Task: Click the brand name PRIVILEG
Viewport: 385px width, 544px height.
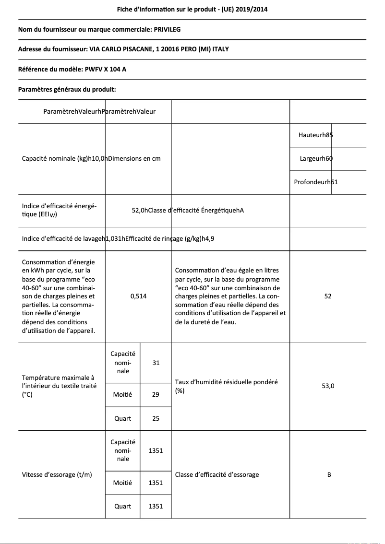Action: pyautogui.click(x=167, y=29)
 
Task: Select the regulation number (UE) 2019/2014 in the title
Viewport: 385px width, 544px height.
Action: pyautogui.click(x=249, y=9)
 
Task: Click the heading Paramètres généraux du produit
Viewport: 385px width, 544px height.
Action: pyautogui.click(x=67, y=89)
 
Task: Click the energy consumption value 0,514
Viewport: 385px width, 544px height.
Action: pyautogui.click(x=138, y=296)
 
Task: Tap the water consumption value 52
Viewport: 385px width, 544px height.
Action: pyautogui.click(x=328, y=296)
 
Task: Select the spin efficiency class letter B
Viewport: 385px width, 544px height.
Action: pyautogui.click(x=329, y=474)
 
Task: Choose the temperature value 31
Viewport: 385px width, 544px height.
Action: pyautogui.click(x=156, y=363)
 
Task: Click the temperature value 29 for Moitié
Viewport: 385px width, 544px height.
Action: pyautogui.click(x=156, y=394)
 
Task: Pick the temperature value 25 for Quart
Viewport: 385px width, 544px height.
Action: pyautogui.click(x=156, y=418)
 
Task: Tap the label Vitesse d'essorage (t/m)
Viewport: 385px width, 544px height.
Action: pyautogui.click(x=57, y=474)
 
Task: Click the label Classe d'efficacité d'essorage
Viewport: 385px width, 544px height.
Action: pyautogui.click(x=217, y=474)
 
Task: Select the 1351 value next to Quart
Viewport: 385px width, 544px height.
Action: pyautogui.click(x=156, y=506)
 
